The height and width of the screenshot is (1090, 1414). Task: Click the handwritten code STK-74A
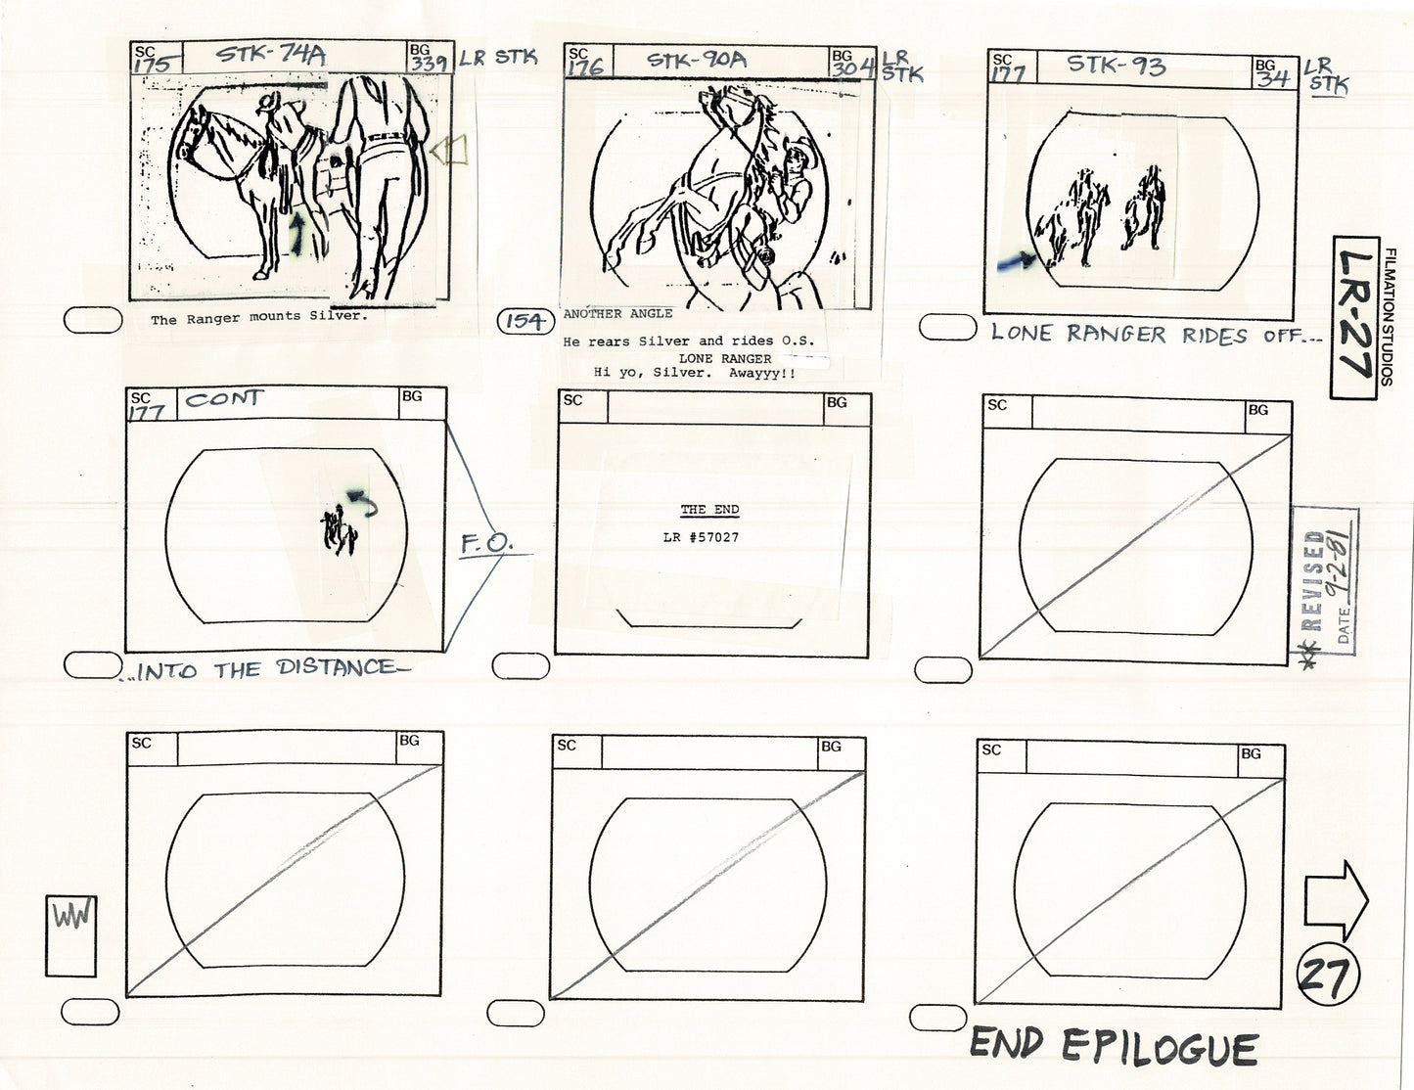(270, 56)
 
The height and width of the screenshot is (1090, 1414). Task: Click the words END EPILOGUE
(1113, 1048)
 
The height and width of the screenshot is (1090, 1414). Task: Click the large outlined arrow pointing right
(1336, 900)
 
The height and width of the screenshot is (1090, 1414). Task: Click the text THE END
(709, 510)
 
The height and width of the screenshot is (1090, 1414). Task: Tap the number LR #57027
(701, 537)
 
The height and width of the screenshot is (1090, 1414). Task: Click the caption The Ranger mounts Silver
(246, 319)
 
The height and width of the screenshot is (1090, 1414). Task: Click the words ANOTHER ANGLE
(617, 314)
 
